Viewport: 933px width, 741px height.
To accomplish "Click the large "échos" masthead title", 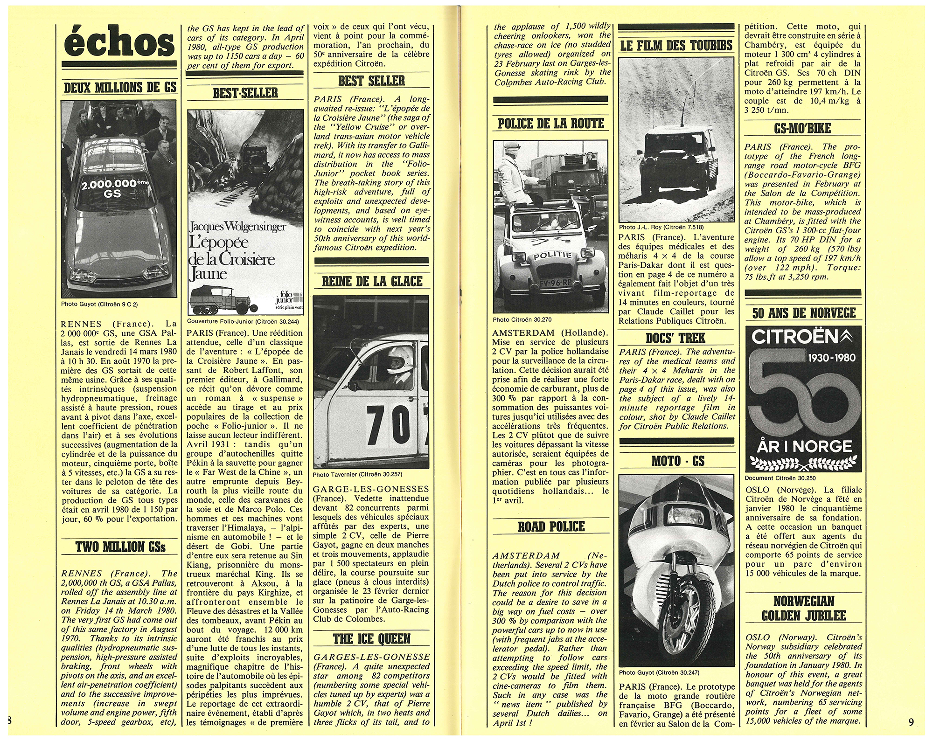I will (x=119, y=42).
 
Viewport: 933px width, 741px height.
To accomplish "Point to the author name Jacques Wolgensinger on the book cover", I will (x=238, y=228).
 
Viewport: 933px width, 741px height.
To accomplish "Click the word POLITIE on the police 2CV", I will (x=552, y=256).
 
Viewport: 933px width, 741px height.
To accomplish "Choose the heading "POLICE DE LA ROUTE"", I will (x=550, y=123).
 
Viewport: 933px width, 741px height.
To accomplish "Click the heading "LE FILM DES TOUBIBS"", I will (x=676, y=45).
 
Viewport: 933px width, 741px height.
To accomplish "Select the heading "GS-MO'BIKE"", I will (x=802, y=129).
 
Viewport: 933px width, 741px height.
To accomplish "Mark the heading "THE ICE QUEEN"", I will (x=371, y=639).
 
